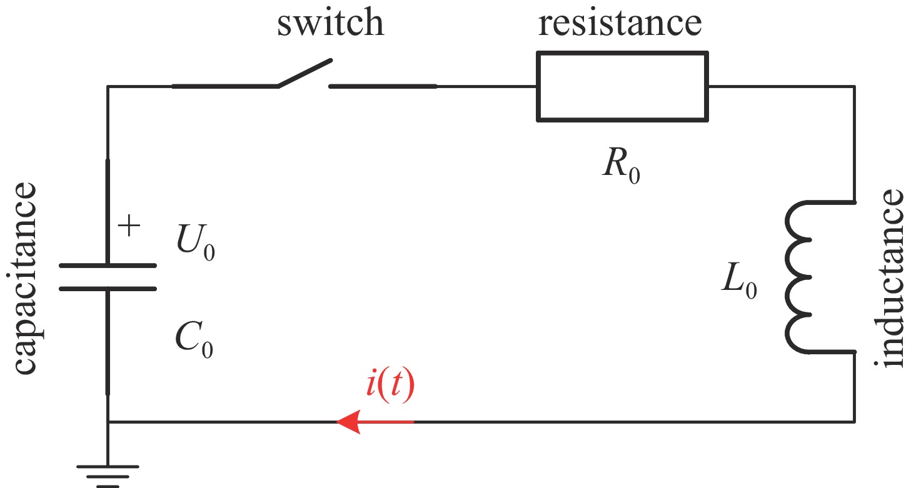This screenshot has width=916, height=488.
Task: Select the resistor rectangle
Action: (x=622, y=86)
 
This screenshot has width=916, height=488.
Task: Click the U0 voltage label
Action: (x=196, y=244)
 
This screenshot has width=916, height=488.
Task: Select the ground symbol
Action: (x=108, y=472)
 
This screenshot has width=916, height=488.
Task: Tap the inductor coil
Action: (x=800, y=277)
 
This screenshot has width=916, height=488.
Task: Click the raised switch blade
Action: (x=304, y=72)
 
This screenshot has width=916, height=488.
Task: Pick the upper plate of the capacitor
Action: (x=108, y=266)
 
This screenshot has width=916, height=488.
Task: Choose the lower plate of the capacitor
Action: (x=108, y=289)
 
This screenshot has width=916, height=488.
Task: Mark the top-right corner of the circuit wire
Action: (x=854, y=86)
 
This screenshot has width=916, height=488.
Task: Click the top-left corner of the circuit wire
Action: (x=108, y=86)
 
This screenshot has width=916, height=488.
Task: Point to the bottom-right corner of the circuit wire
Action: (x=854, y=422)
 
